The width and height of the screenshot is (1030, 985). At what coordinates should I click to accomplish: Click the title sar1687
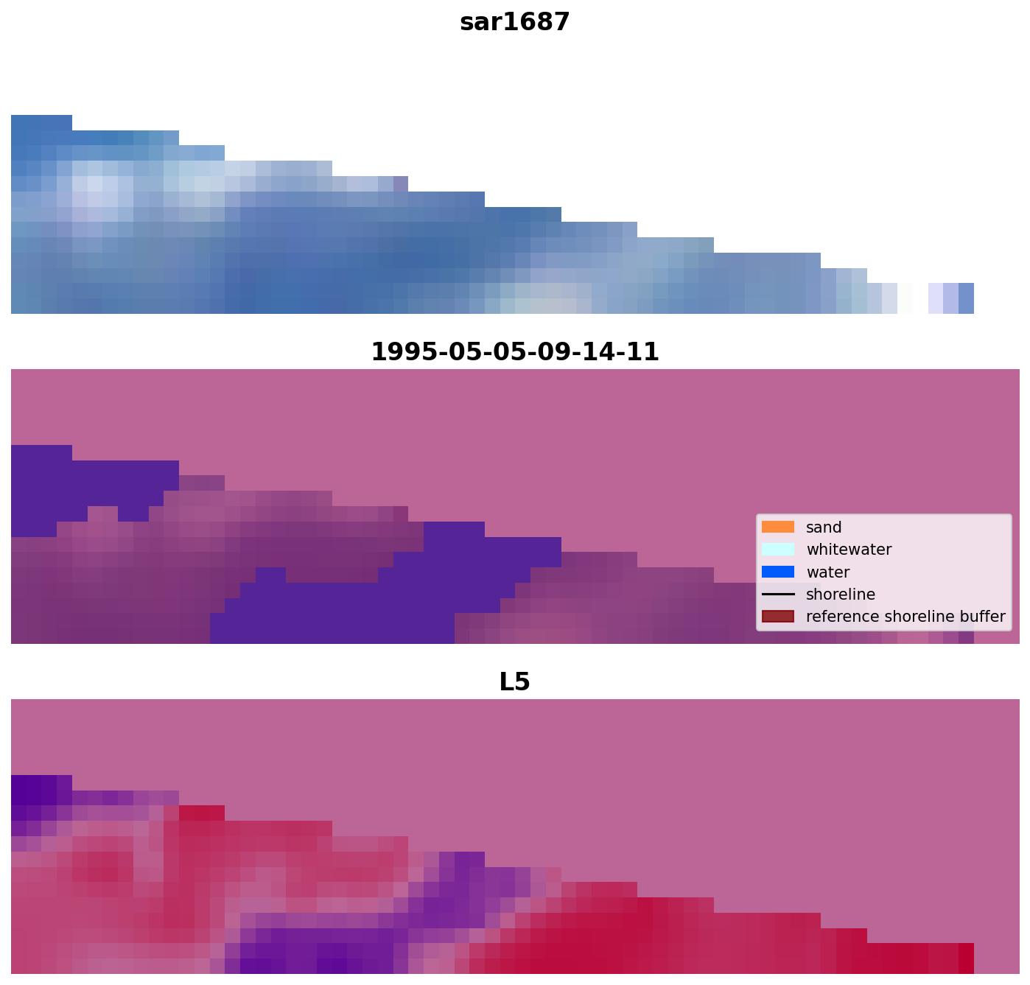514,22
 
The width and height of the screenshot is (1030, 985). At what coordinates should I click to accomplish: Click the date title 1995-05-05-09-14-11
514,352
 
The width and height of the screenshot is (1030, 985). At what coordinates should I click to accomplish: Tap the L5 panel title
514,682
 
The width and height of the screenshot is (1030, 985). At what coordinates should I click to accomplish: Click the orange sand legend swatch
778,527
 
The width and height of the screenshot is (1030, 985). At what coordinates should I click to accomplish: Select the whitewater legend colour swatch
778,550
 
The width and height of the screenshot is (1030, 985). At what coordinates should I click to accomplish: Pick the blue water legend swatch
778,572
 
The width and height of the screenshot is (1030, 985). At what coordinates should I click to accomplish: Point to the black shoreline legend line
778,595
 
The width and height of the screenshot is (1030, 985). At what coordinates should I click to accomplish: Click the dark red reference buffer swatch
778,617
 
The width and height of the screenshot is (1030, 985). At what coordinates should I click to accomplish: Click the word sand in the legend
824,527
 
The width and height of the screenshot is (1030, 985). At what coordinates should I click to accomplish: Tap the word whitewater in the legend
849,550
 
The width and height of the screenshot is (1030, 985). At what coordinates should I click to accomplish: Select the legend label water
828,572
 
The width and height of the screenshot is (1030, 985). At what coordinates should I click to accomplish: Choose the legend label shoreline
841,595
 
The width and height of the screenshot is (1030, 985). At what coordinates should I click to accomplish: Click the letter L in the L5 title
507,682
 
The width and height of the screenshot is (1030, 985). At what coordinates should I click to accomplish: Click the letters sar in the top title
480,22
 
